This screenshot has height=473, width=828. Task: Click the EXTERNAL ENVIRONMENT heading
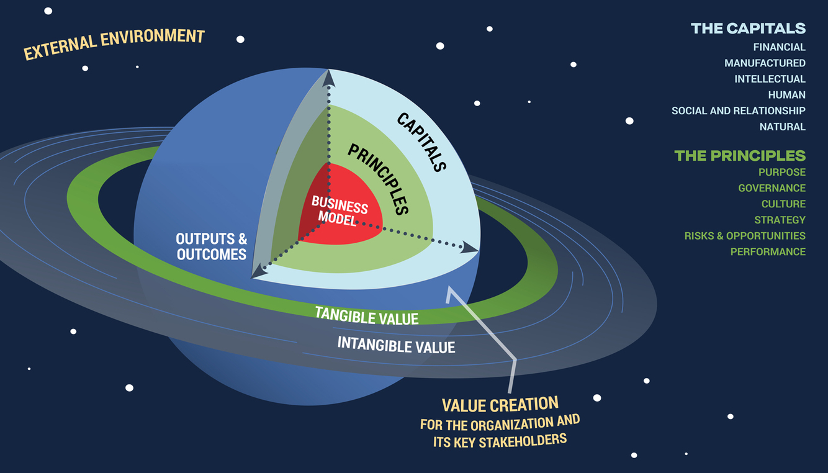tap(114, 45)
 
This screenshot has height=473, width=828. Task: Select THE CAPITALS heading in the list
tap(748, 28)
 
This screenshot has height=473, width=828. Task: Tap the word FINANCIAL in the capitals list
tap(779, 47)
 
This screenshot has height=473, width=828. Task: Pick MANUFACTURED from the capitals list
tap(765, 63)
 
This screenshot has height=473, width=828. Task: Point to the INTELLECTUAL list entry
tap(770, 79)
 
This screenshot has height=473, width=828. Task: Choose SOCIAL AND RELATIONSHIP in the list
tap(738, 110)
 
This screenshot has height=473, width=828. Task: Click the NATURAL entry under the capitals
tap(782, 127)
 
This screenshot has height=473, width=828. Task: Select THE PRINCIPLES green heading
tap(740, 155)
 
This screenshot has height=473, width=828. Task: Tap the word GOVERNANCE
tap(772, 188)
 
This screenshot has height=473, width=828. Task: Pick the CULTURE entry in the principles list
tap(783, 204)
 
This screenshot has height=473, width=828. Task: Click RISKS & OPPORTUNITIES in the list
tap(745, 236)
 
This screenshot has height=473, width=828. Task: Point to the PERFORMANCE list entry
tap(768, 252)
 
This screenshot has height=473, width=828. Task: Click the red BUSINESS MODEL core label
tap(339, 210)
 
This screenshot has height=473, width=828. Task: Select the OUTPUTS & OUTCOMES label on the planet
tap(211, 246)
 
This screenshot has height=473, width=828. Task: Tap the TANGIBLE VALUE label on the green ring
tap(366, 315)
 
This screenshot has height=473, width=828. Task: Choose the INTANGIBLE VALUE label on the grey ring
tap(396, 345)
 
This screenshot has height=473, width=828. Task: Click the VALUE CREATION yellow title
tap(500, 405)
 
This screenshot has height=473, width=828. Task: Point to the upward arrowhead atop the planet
tap(328, 77)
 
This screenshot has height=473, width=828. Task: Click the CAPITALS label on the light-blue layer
tap(421, 142)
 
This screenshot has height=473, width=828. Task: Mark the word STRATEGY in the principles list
tap(780, 220)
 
